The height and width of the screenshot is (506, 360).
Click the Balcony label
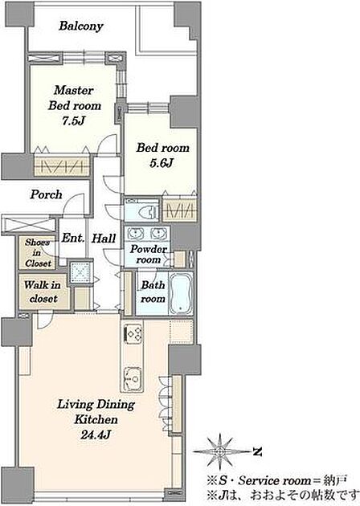point(80,27)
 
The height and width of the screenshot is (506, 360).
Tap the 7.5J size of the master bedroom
point(74,120)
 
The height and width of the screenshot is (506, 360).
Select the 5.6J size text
point(162,163)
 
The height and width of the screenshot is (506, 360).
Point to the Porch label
point(46,194)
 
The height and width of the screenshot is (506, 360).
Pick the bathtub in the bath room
point(181,294)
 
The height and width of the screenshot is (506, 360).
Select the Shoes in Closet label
point(38,253)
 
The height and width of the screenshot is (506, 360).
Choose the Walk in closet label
point(43,292)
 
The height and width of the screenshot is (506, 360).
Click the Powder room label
point(149,255)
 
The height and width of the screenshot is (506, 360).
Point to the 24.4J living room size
point(96,435)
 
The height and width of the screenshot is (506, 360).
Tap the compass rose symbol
point(220,451)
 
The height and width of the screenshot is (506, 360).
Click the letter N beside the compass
point(257,451)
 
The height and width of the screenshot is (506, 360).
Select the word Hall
point(104,239)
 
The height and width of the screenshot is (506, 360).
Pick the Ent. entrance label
point(73,239)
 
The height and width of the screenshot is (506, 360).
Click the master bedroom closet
point(62,165)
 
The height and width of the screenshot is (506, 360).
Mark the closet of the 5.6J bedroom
point(179,210)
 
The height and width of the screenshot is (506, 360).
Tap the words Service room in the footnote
point(274,480)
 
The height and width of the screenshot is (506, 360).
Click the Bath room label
point(153,292)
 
